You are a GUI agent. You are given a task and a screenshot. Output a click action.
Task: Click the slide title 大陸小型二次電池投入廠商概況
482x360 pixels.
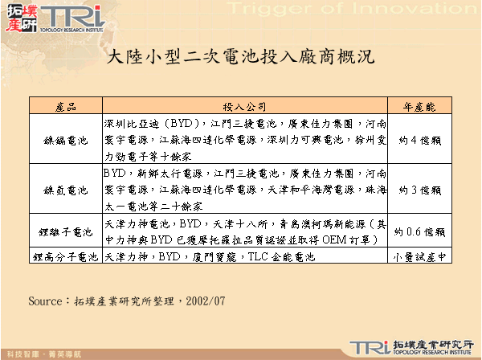pyautogui.click(x=240, y=59)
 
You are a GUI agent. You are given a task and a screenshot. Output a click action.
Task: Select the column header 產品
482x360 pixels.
pyautogui.click(x=67, y=107)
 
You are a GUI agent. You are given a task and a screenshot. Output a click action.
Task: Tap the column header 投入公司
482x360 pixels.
pyautogui.click(x=245, y=107)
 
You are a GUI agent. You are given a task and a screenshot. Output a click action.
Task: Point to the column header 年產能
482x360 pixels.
pyautogui.click(x=417, y=107)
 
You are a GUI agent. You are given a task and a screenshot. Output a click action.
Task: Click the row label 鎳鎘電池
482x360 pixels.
pyautogui.click(x=67, y=139)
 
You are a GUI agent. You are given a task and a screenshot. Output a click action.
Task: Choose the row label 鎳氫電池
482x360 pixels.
pyautogui.click(x=67, y=189)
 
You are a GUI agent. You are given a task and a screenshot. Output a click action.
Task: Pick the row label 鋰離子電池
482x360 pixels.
pyautogui.click(x=67, y=231)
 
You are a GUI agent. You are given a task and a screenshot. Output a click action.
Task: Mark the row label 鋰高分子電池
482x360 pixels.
pyautogui.click(x=67, y=258)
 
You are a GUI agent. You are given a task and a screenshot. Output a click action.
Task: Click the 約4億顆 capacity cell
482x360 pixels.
pyautogui.click(x=417, y=139)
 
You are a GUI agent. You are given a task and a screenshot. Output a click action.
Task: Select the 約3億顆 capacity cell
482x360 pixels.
pyautogui.click(x=417, y=189)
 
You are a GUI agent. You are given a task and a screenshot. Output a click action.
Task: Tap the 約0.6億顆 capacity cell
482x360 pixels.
pyautogui.click(x=417, y=231)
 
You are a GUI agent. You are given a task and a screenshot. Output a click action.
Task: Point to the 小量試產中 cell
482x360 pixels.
pyautogui.click(x=417, y=258)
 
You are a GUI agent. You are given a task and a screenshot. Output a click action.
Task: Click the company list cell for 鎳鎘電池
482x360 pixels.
pyautogui.click(x=245, y=139)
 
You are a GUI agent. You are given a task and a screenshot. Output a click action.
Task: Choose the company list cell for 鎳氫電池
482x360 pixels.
pyautogui.click(x=245, y=189)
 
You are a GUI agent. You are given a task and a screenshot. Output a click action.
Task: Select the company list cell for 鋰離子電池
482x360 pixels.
pyautogui.click(x=245, y=231)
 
